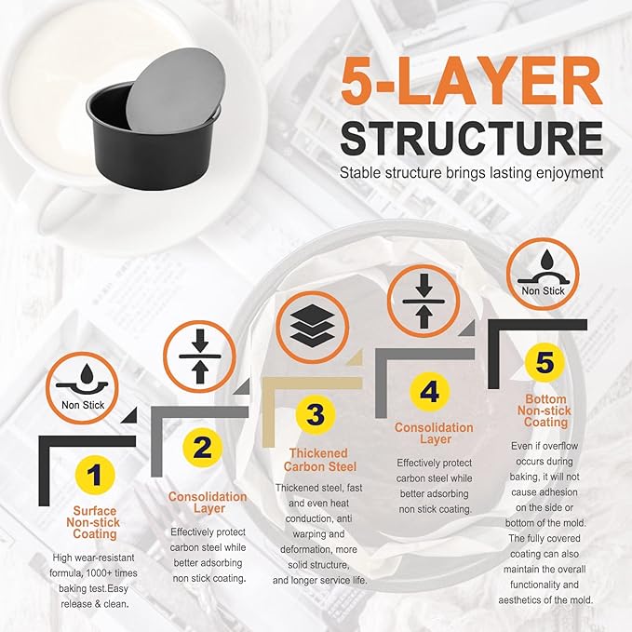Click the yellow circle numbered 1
point(94,475)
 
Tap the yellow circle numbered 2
point(202,448)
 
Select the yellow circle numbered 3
point(316,415)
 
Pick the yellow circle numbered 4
point(429,392)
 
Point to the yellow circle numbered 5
point(545,362)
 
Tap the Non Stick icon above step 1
point(82,388)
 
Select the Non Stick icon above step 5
point(543,274)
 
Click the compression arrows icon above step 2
point(199,356)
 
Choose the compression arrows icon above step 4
point(424,301)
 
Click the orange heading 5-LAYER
point(472,81)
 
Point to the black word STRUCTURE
point(472,139)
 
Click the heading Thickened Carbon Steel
point(319,460)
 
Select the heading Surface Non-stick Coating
point(93,522)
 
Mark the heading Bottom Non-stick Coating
point(545,410)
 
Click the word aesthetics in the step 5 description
point(520,600)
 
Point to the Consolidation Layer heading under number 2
point(208,503)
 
